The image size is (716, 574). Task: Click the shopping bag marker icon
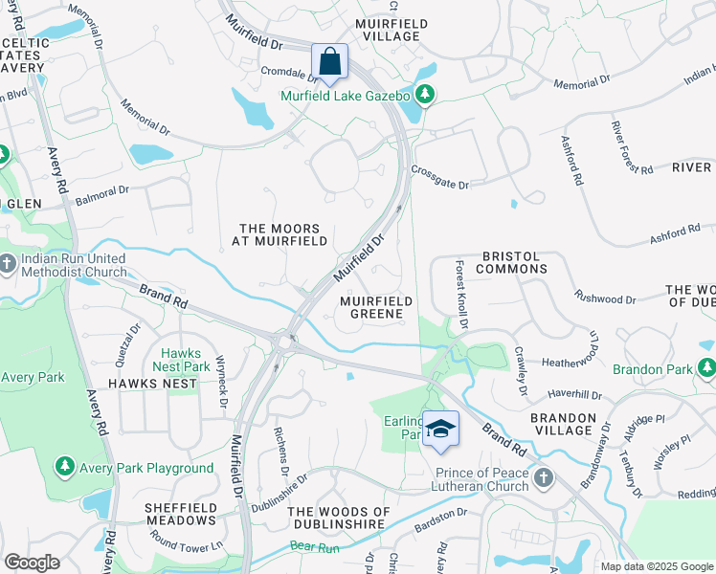pyautogui.click(x=329, y=62)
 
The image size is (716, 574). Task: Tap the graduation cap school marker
pyautogui.click(x=440, y=430)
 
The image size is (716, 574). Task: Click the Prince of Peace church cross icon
pyautogui.click(x=543, y=476)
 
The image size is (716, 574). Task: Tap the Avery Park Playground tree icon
pyautogui.click(x=64, y=467)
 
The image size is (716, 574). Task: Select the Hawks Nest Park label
pyautogui.click(x=185, y=360)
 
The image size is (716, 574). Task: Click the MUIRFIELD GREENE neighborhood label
pyautogui.click(x=376, y=307)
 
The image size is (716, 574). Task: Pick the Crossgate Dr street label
pyautogui.click(x=440, y=178)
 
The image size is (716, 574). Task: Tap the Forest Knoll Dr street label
pyautogui.click(x=462, y=296)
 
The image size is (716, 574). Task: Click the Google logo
pyautogui.click(x=32, y=563)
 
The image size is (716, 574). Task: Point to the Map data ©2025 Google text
pyautogui.click(x=656, y=566)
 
